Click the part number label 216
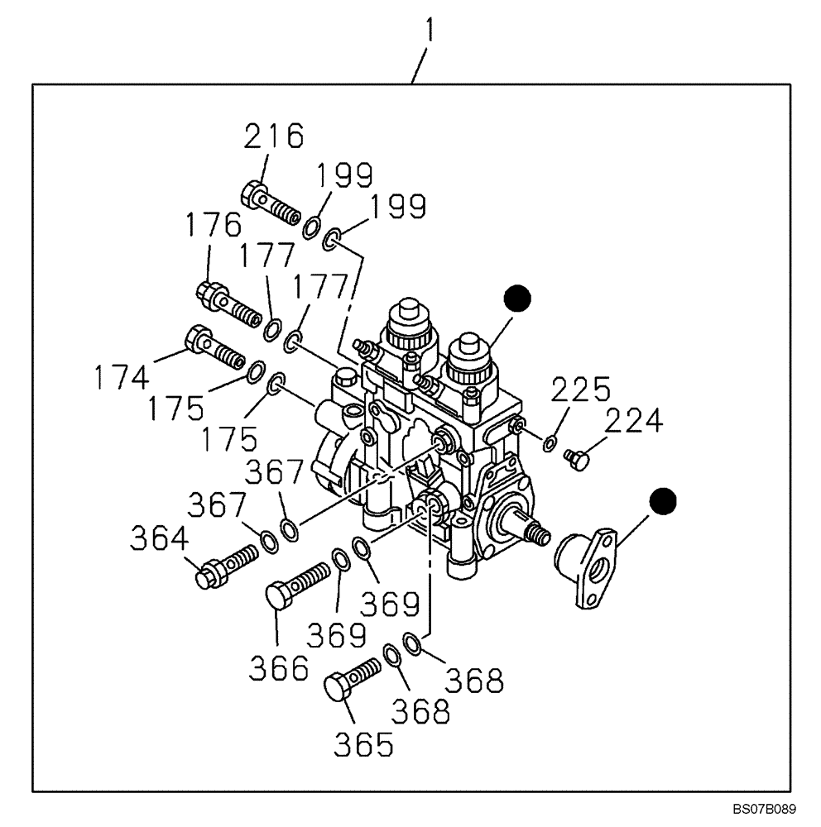pyautogui.click(x=274, y=137)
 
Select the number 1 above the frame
pyautogui.click(x=430, y=32)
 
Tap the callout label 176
pyautogui.click(x=213, y=227)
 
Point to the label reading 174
pyautogui.click(x=121, y=376)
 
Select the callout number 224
pyautogui.click(x=632, y=423)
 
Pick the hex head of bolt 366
pyautogui.click(x=281, y=595)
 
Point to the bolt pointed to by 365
pyautogui.click(x=352, y=677)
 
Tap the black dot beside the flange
pyautogui.click(x=662, y=500)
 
